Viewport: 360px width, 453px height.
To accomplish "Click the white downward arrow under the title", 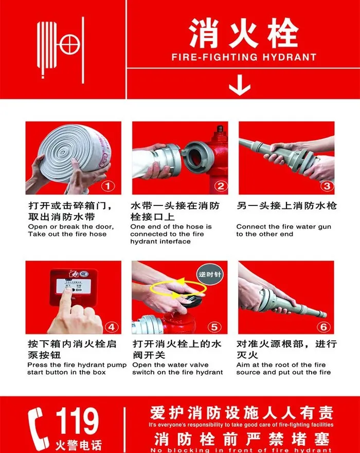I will pos(239,86).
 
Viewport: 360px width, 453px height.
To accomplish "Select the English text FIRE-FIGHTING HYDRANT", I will pos(243,57).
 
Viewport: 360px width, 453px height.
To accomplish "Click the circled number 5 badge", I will pos(215,326).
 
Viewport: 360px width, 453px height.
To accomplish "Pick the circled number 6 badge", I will pos(323,326).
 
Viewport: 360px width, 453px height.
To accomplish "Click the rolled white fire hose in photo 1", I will pos(72,152).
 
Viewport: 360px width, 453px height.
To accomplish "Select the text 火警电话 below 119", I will pos(78,444).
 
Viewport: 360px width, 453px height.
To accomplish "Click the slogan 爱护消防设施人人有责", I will pos(241,413).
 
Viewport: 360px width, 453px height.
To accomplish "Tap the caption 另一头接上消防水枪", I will pos(286,206).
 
